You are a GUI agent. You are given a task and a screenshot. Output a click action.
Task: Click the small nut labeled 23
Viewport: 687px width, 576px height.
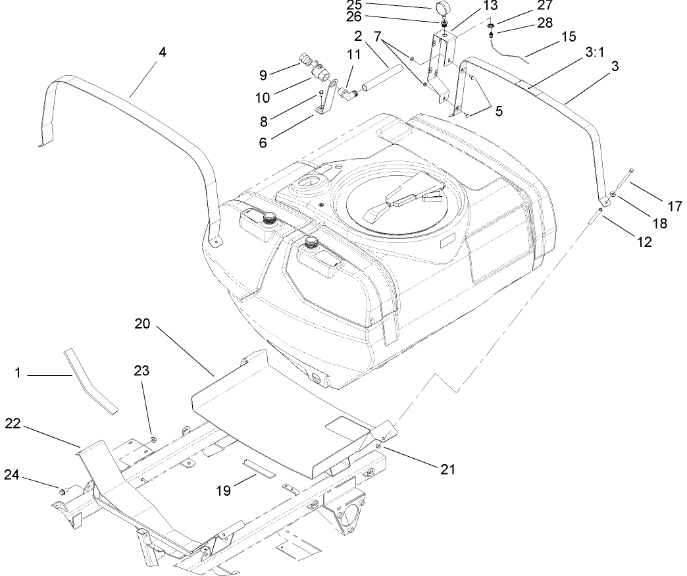pos(153,438)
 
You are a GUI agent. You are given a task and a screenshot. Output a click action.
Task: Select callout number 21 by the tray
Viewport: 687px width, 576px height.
pos(447,469)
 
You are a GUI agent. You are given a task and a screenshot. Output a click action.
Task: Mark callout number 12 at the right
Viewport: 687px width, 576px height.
pos(644,242)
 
